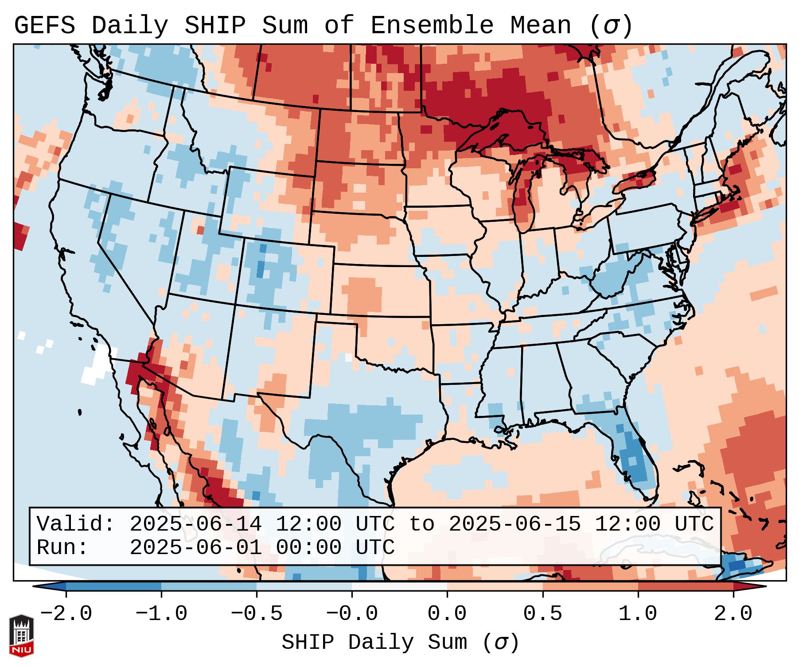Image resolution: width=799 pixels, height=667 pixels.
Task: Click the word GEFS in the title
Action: [x=44, y=25]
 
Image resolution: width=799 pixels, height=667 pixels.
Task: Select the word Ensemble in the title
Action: [x=432, y=25]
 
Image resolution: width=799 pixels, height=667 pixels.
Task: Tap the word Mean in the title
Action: [x=541, y=25]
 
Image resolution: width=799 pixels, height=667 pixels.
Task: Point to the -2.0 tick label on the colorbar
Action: [x=66, y=614]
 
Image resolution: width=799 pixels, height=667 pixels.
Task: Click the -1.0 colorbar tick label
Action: [x=161, y=614]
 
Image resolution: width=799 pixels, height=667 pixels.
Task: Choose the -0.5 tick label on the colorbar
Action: [x=257, y=614]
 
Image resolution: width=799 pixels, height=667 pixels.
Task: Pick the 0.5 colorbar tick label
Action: [x=542, y=614]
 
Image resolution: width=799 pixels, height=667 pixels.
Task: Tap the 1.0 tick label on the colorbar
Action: [x=638, y=614]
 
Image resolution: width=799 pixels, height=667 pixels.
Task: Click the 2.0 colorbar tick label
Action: [x=733, y=614]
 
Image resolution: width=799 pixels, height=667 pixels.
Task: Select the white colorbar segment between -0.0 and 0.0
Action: [x=399, y=586]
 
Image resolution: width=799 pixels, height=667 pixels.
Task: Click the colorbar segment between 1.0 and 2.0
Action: [x=686, y=586]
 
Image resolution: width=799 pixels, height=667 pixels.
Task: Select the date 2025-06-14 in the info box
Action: [x=196, y=524]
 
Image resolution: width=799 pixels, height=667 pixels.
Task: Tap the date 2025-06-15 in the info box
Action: [x=514, y=524]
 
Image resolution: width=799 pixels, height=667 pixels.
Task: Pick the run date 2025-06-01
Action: [x=196, y=548]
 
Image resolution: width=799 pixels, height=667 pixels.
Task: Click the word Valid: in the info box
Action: [x=76, y=524]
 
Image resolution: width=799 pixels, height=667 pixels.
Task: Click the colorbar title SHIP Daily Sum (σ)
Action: [x=400, y=643]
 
